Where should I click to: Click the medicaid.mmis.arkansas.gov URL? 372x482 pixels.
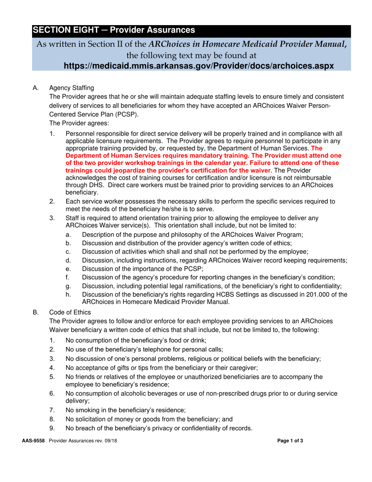pyautogui.click(x=199, y=65)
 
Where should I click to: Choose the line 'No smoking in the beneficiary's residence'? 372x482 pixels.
pyautogui.click(x=125, y=410)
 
